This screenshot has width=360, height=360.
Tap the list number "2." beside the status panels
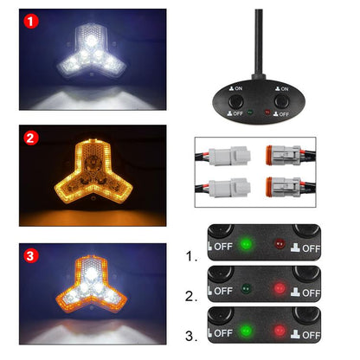point(191,297)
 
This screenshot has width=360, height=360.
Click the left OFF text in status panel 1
point(222,246)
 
